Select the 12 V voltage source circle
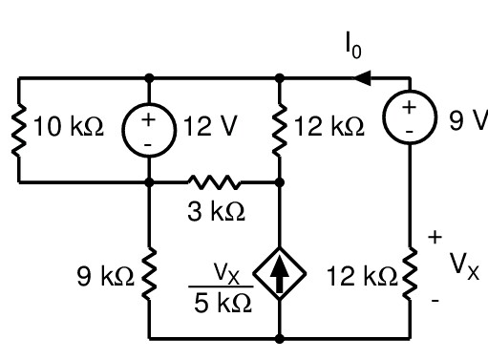pos(149,129)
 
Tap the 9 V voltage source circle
pos(411,116)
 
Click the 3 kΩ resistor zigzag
pos(214,180)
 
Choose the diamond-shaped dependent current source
pos(279,278)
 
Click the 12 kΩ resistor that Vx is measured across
pos(411,277)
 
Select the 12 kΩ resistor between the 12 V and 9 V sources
pos(279,129)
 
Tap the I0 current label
pos(352,46)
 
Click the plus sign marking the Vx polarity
pos(436,236)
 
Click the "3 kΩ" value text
pos(216,212)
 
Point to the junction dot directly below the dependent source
pos(279,338)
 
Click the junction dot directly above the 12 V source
pos(149,78)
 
